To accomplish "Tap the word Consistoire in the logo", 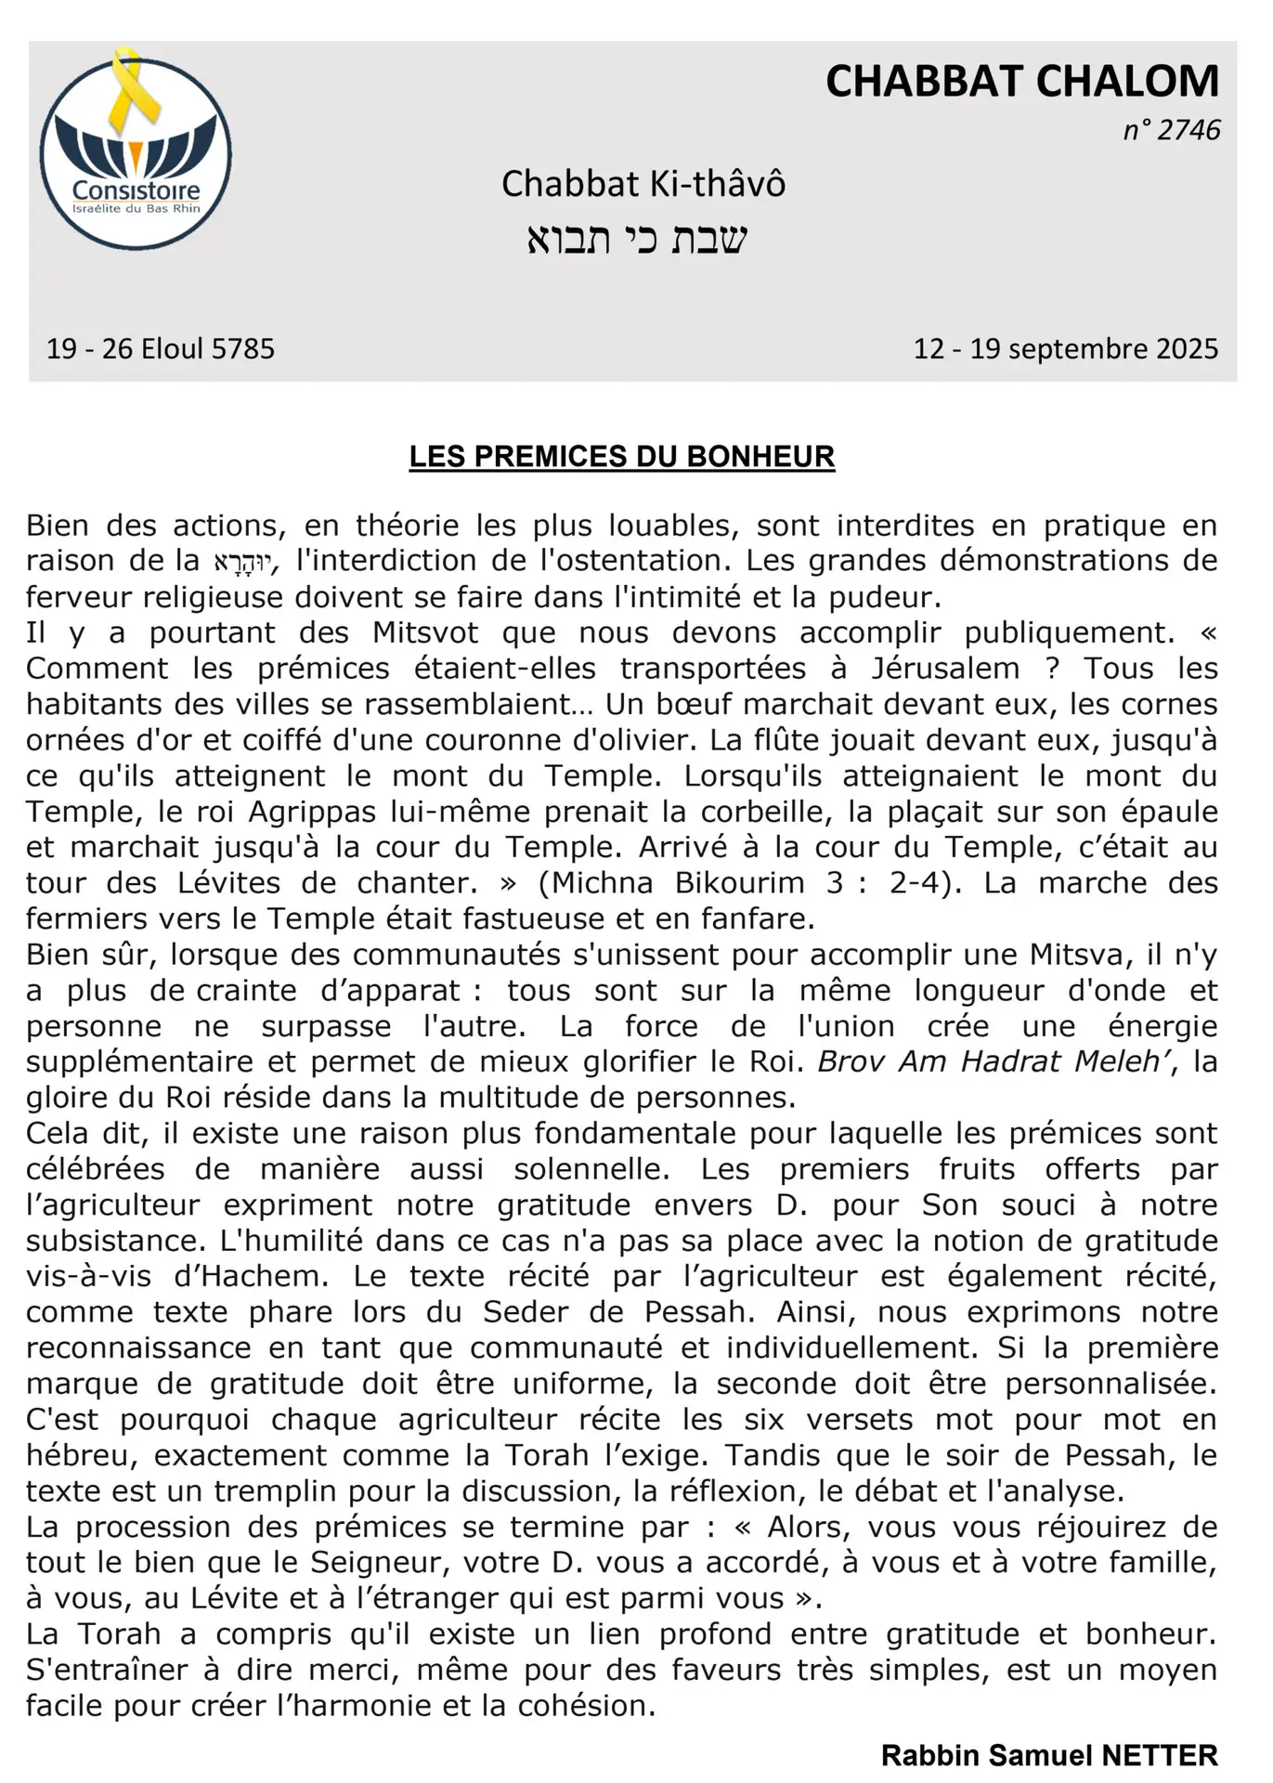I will (136, 191).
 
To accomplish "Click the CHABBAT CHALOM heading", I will (1021, 82).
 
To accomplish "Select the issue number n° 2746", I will (1171, 130).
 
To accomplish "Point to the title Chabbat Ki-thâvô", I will (643, 184).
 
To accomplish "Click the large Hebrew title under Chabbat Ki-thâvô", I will (637, 239).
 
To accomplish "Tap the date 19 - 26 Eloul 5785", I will (161, 349).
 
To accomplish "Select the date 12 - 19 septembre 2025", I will (1065, 349).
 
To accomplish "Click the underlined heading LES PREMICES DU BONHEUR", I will (622, 457).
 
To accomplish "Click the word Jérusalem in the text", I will (945, 669).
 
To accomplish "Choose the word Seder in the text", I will (524, 1312).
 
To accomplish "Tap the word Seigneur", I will (378, 1563).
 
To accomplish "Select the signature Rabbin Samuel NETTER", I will (1049, 1755).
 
